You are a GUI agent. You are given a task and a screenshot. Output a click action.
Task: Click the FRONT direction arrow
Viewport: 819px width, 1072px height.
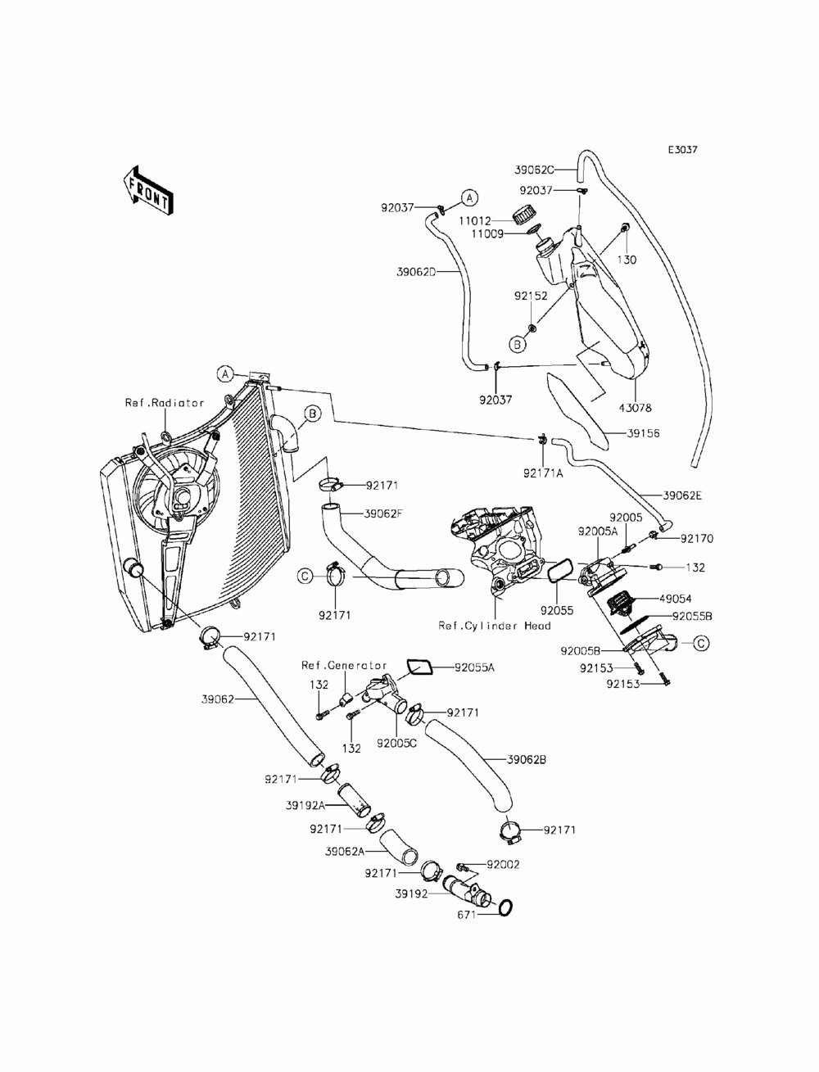click(x=147, y=190)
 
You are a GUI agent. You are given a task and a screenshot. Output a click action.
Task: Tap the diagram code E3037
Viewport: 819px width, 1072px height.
click(x=682, y=150)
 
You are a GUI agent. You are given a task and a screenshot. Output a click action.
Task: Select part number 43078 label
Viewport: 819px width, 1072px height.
click(x=636, y=408)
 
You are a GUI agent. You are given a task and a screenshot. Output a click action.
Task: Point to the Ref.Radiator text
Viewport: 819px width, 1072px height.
click(x=165, y=403)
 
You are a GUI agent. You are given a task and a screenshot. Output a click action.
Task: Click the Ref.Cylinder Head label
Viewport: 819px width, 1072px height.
click(x=494, y=626)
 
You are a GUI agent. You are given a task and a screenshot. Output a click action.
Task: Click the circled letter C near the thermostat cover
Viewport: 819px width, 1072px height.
click(x=701, y=643)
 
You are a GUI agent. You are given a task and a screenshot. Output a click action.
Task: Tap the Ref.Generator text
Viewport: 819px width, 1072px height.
click(x=344, y=665)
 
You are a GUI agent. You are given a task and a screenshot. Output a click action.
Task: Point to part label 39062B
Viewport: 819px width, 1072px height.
click(x=527, y=759)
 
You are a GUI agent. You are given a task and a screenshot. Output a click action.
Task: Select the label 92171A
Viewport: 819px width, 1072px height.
click(x=542, y=473)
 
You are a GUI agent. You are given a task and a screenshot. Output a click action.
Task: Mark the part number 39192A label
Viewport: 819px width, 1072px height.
click(x=305, y=805)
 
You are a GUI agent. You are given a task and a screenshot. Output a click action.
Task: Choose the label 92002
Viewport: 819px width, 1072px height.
click(x=503, y=865)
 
